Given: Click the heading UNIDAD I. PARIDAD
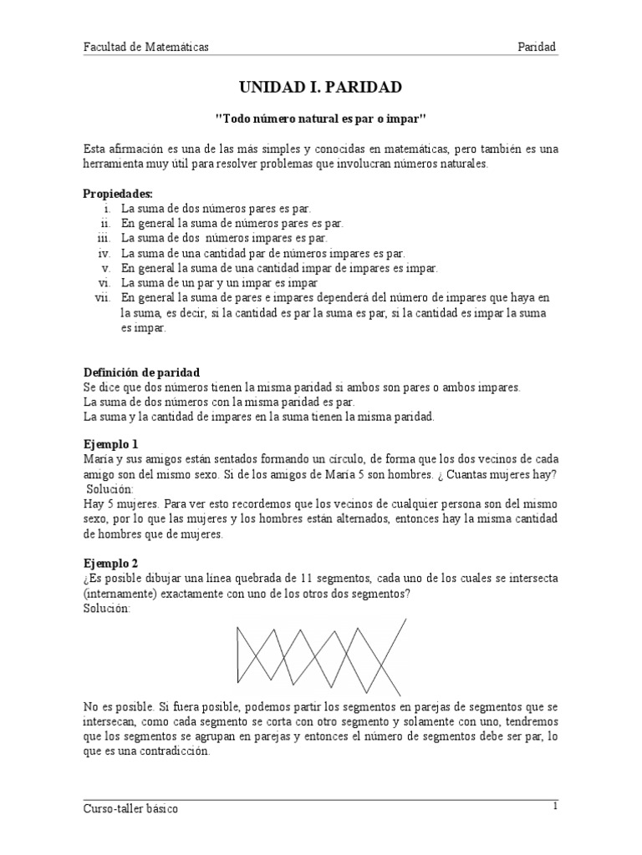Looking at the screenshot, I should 321,87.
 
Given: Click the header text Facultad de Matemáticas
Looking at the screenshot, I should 145,48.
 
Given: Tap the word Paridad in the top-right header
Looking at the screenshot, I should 537,48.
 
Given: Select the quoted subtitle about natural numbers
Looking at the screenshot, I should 321,119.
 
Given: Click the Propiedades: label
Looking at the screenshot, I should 118,194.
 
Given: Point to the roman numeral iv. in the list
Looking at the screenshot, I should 104,253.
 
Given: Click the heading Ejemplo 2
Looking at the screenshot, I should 111,564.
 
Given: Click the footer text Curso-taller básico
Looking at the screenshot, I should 130,809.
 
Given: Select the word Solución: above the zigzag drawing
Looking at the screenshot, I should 107,609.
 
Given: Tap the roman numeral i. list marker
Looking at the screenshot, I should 109,208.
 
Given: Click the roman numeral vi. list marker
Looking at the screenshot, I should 104,283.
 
